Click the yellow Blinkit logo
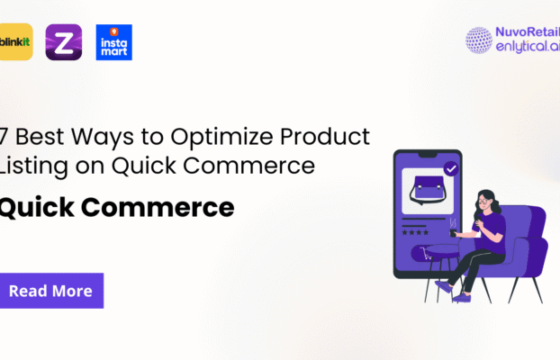pos(16,42)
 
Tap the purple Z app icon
pos(64,42)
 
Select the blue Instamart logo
pos(114,42)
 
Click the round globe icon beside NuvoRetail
pos(479,40)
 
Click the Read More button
pos(51,291)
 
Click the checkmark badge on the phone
pos(451,168)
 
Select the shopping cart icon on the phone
pos(417,255)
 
